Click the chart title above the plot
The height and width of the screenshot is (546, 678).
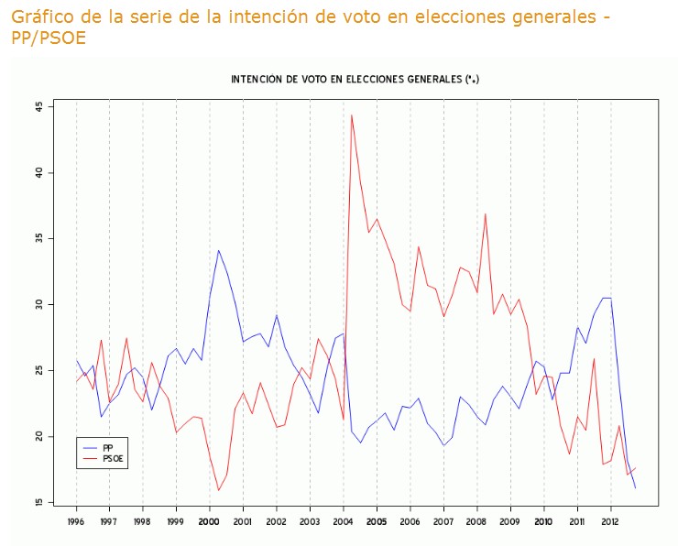coord(355,80)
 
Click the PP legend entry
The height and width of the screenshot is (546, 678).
coord(107,446)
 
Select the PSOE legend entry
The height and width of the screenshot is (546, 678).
coord(112,457)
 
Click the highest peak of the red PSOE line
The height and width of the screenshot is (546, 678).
coord(352,115)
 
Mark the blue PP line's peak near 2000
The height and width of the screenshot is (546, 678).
coord(218,250)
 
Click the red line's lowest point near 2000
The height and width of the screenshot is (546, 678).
coord(218,490)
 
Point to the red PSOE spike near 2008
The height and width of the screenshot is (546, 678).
coord(485,214)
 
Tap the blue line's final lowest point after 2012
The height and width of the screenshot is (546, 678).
coord(635,487)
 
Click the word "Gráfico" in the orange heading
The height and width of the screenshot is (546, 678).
coord(43,17)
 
